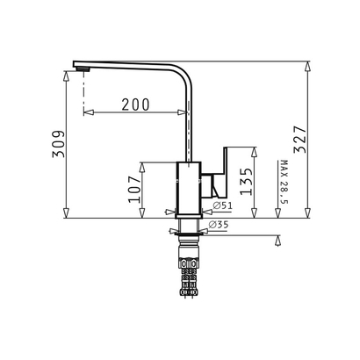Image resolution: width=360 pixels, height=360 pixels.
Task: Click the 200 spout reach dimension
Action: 135,104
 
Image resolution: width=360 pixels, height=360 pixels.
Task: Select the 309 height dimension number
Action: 59,144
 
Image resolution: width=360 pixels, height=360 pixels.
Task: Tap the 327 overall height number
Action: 300,140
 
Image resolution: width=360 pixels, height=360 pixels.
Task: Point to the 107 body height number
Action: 134,190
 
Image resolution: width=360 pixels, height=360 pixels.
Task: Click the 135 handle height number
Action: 246,182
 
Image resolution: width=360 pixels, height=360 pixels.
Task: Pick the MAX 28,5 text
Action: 284,182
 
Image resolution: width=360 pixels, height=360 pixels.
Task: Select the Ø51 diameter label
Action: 222,205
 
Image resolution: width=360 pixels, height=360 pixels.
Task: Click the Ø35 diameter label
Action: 219,225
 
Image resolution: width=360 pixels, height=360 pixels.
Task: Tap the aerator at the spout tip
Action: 83,69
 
